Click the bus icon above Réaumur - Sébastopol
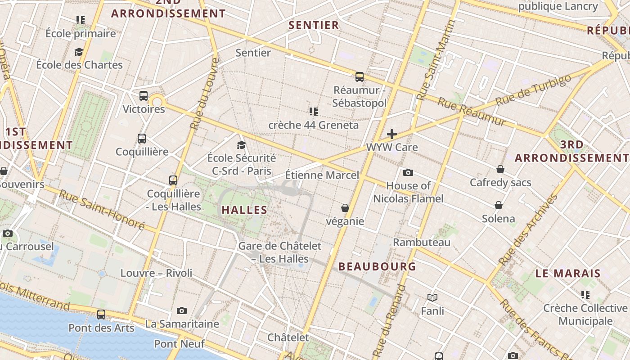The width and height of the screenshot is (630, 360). [x=359, y=77]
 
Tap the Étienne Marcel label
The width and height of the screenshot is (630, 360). [x=322, y=175]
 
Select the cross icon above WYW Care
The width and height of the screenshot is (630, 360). [x=392, y=134]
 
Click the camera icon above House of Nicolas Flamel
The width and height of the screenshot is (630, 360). [x=408, y=172]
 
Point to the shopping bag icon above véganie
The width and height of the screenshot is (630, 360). [x=345, y=208]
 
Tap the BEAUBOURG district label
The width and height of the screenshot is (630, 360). [x=377, y=266]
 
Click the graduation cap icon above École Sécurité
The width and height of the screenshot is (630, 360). [x=242, y=145]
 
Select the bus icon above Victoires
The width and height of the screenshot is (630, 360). [x=144, y=96]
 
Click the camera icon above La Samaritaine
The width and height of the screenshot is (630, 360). [x=182, y=310]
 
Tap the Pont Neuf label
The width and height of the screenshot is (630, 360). [x=180, y=344]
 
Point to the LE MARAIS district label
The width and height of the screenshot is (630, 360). [x=568, y=273]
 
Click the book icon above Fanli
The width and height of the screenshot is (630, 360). [x=432, y=297]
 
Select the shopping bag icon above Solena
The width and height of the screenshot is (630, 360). [x=499, y=206]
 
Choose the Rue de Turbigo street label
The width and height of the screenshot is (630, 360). [x=533, y=90]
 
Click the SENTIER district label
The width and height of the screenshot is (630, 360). [x=314, y=25]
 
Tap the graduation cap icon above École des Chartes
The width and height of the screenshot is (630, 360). [x=79, y=52]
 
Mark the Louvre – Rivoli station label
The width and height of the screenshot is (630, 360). [x=156, y=273]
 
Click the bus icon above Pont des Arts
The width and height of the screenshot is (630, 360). [x=101, y=315]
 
